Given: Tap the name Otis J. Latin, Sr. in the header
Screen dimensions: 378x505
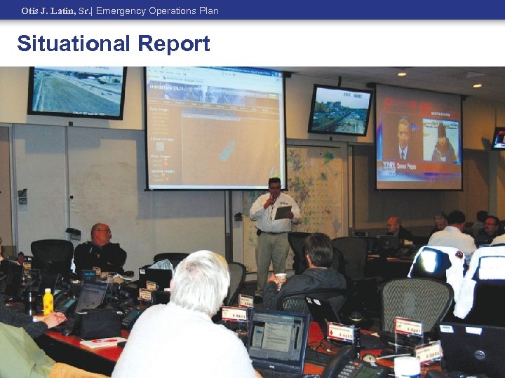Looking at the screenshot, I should (x=56, y=11).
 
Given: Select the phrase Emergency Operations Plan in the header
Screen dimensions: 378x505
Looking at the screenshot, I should (x=157, y=11).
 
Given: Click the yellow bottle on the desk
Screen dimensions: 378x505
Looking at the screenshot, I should (x=48, y=302).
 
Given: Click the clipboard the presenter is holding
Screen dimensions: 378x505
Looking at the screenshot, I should (x=283, y=211).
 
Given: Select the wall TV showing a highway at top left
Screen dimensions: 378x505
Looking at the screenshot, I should (x=77, y=92).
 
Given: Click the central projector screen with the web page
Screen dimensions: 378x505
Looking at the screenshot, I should (x=215, y=127).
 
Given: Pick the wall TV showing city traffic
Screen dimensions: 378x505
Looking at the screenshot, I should (x=339, y=110).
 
